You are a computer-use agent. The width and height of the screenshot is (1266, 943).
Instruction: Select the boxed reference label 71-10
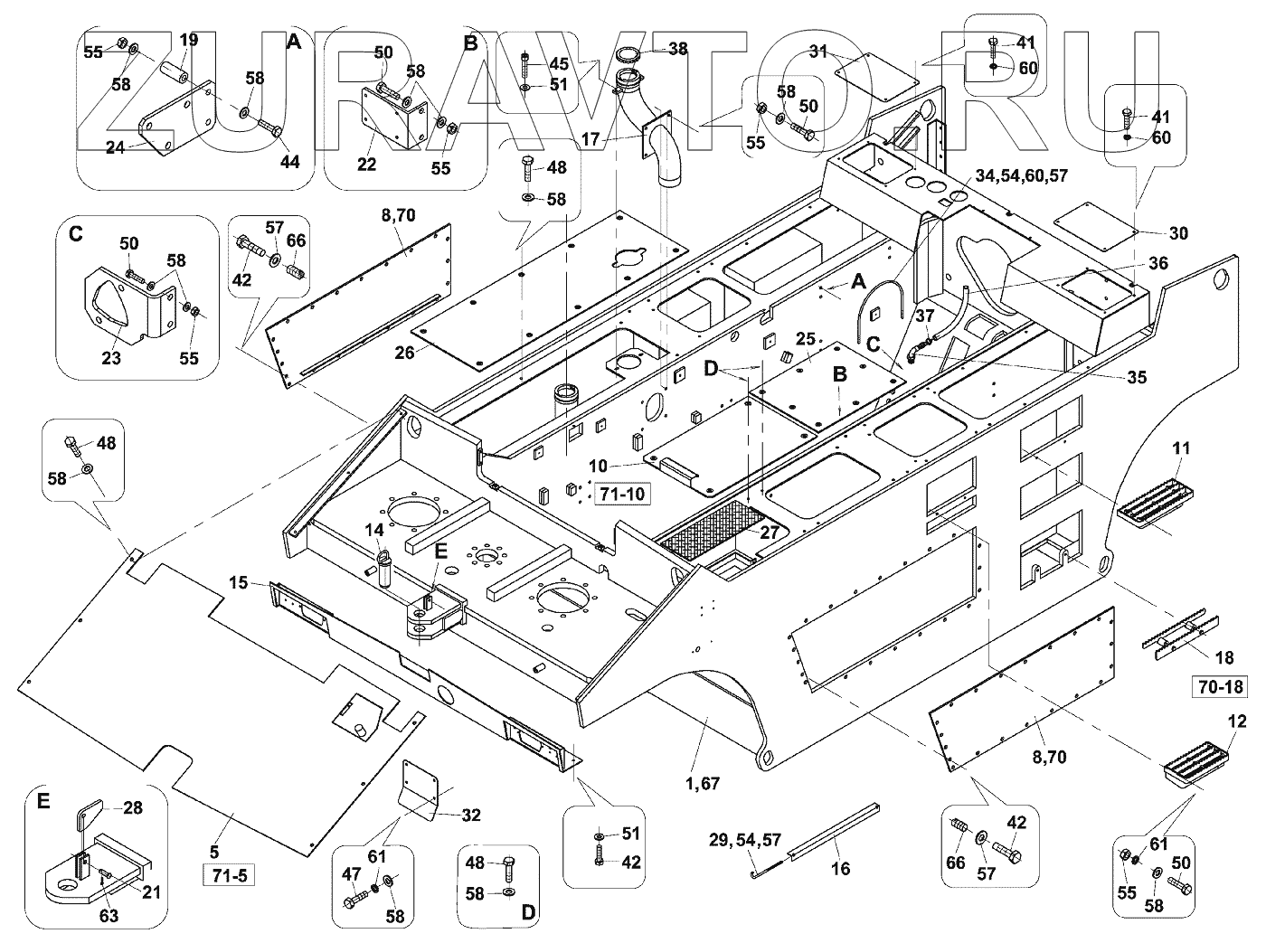click(620, 494)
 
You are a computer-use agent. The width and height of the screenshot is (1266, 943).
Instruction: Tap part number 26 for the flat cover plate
click(404, 352)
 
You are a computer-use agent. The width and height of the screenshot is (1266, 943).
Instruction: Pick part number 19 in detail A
click(188, 40)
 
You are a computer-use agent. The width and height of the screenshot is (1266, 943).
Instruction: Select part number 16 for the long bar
click(841, 870)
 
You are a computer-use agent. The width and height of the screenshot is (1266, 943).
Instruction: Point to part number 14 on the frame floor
click(374, 529)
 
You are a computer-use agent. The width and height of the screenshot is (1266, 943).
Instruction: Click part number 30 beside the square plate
click(1178, 233)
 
